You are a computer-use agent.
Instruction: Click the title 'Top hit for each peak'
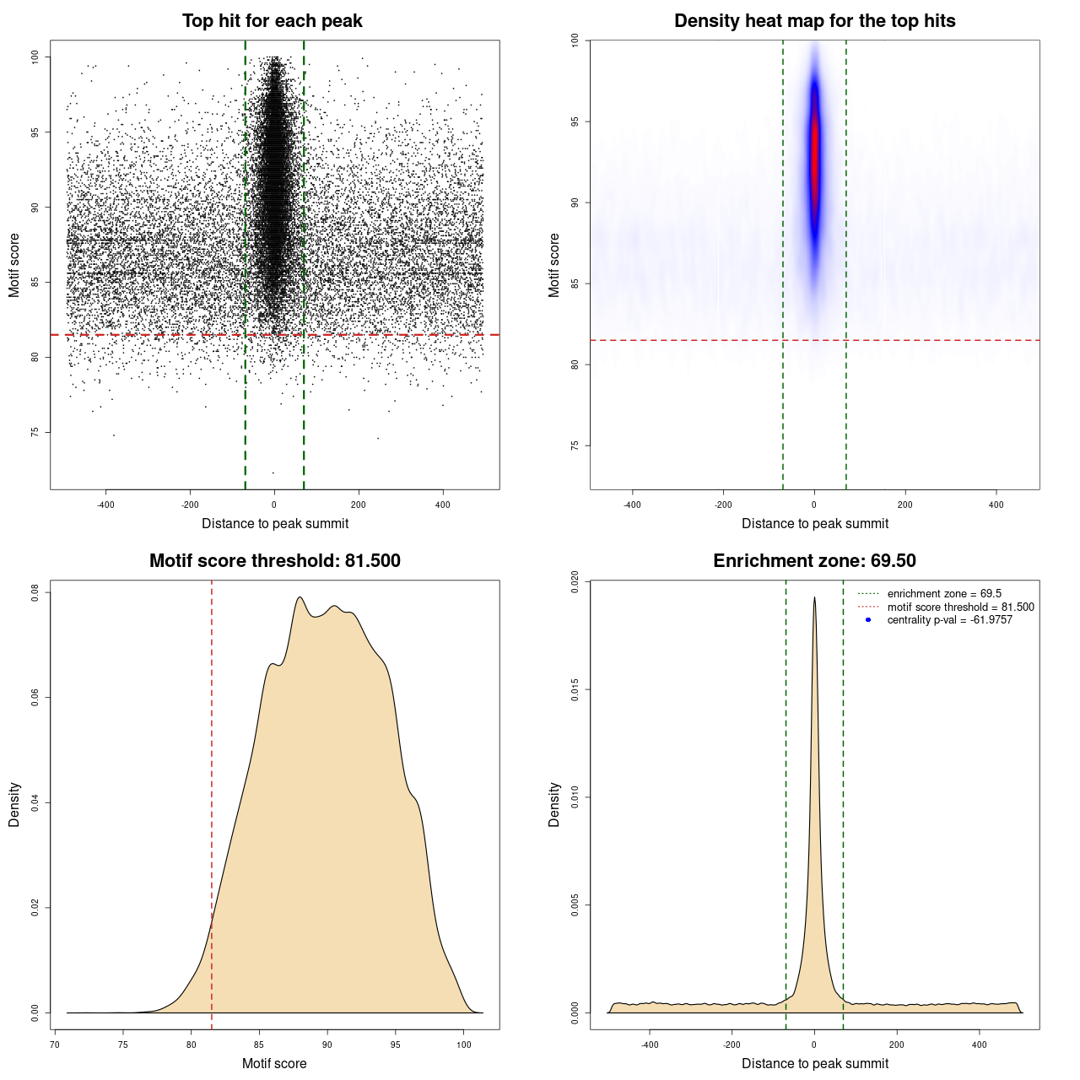click(272, 21)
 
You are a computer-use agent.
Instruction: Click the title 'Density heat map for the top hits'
click(814, 21)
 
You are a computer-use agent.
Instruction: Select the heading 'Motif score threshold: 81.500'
click(274, 561)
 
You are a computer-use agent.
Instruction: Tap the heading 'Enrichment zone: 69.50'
click(814, 561)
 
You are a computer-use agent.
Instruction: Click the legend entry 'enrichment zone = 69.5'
click(944, 594)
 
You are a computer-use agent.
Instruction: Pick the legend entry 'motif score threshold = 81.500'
click(960, 607)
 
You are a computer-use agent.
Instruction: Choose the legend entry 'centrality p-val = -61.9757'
click(949, 620)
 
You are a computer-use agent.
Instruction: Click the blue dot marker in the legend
click(868, 620)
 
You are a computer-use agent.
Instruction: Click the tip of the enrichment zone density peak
click(814, 598)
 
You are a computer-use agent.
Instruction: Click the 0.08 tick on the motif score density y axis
click(35, 593)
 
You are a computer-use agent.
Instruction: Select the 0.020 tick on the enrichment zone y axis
click(575, 582)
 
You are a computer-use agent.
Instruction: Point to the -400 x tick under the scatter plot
click(105, 505)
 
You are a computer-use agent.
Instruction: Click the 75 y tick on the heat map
click(575, 445)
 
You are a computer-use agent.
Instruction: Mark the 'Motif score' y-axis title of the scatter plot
click(14, 265)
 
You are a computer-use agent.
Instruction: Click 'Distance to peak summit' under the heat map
click(814, 524)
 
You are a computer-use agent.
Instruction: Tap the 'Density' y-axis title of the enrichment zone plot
click(554, 804)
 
